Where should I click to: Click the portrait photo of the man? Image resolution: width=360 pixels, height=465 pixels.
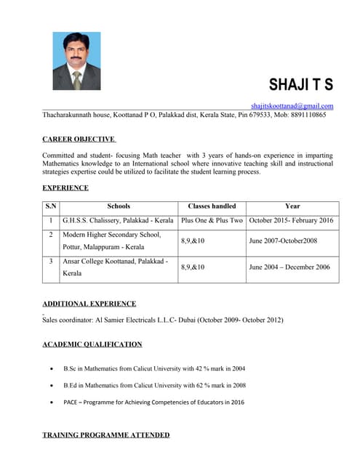tap(76, 60)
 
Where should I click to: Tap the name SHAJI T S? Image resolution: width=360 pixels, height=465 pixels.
tap(300, 84)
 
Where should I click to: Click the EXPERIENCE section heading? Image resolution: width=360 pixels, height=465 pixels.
tap(65, 187)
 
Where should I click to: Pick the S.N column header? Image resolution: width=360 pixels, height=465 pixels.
tap(51, 206)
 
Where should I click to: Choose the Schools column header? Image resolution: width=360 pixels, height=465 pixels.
tap(119, 206)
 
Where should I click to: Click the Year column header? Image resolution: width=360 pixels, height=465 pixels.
tap(292, 206)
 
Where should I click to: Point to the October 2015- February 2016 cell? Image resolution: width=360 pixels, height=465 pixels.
tap(291, 220)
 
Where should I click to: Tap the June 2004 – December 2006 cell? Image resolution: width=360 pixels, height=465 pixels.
tap(289, 267)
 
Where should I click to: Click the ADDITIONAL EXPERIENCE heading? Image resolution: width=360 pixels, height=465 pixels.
tap(89, 303)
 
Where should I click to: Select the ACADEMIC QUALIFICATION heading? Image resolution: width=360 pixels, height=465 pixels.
tap(92, 344)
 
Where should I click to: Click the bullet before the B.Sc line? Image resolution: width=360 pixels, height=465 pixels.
tap(49, 369)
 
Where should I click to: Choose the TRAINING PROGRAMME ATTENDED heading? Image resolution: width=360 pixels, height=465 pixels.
tap(106, 434)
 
